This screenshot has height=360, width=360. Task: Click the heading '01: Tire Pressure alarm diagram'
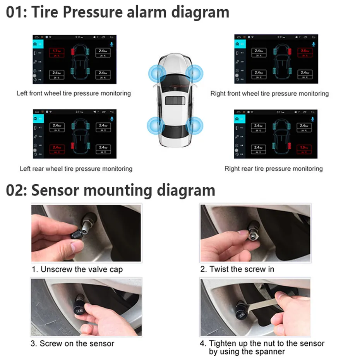117,12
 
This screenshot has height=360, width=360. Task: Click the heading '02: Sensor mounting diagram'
110,190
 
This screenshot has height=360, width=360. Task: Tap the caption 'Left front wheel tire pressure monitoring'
74,93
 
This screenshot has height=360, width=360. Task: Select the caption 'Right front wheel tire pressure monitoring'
269,93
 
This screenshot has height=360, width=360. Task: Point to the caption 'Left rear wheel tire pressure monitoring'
76,169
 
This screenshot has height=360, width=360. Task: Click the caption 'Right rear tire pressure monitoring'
273,169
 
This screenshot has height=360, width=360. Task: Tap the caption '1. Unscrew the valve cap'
77,269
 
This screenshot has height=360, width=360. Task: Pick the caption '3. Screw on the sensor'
72,343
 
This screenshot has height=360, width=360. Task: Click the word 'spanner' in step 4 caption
271,351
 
